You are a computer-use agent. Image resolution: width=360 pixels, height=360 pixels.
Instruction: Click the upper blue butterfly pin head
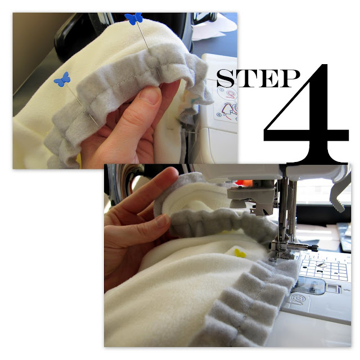pos(133,19)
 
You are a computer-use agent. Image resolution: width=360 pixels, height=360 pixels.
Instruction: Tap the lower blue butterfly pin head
pos(62,79)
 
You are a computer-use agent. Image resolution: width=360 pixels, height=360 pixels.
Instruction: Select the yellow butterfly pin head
pos(240,254)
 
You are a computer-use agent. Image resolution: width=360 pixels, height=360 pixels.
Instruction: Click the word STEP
pos(258,78)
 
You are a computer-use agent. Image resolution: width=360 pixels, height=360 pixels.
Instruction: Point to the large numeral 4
pos(307,114)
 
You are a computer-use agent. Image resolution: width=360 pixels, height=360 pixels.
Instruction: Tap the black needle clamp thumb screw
pos(313,248)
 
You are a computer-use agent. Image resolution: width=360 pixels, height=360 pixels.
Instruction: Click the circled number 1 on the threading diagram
pos(222,89)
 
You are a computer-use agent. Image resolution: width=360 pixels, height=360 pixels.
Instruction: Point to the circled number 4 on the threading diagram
pos(219,115)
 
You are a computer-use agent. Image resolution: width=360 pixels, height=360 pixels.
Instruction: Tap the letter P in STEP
pos(291,78)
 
